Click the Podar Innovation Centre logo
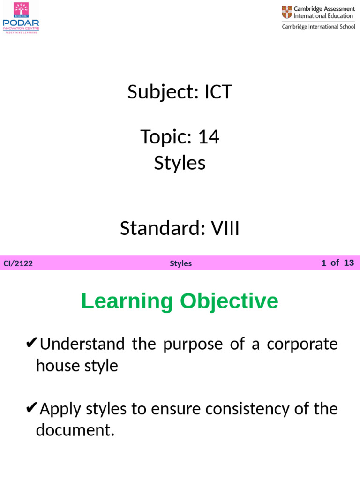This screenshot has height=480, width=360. click(x=21, y=17)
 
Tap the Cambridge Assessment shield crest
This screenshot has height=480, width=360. click(x=286, y=13)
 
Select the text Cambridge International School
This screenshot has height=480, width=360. click(x=318, y=27)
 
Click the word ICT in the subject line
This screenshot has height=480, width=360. click(x=218, y=92)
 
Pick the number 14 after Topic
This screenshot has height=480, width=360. click(x=209, y=137)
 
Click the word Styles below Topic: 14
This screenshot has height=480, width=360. click(x=180, y=163)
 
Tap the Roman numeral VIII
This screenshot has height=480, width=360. click(x=225, y=229)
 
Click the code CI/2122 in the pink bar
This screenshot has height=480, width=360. click(x=18, y=263)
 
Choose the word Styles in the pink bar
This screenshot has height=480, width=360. click(x=181, y=263)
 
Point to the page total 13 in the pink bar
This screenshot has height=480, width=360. click(x=349, y=262)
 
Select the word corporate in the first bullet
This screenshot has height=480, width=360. click(x=302, y=344)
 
